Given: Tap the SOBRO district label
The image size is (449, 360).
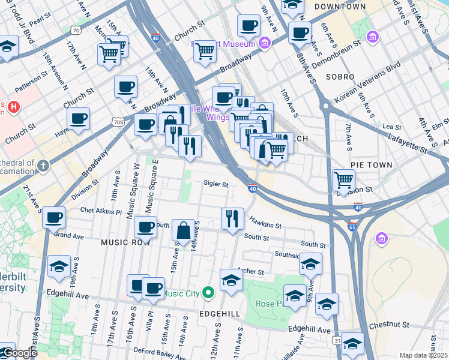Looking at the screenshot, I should tap(340, 77).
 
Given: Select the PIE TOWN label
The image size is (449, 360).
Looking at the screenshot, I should tap(372, 164).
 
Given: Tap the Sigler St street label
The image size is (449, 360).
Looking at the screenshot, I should tap(215, 184).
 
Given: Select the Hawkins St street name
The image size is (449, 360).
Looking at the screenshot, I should tap(266, 223).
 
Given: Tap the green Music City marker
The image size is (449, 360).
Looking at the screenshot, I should tap(208, 293).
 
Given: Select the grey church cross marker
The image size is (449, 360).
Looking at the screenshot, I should tap(43, 164).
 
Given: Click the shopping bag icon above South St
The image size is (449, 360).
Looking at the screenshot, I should tap(183, 230).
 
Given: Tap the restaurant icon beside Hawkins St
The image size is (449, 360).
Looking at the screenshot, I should tap(232, 218).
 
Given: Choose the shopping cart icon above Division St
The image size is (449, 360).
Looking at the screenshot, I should tap(343, 179).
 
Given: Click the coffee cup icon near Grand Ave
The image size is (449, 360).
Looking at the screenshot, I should tap(53, 217).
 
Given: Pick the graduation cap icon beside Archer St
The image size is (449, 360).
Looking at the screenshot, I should tap(231, 280).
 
